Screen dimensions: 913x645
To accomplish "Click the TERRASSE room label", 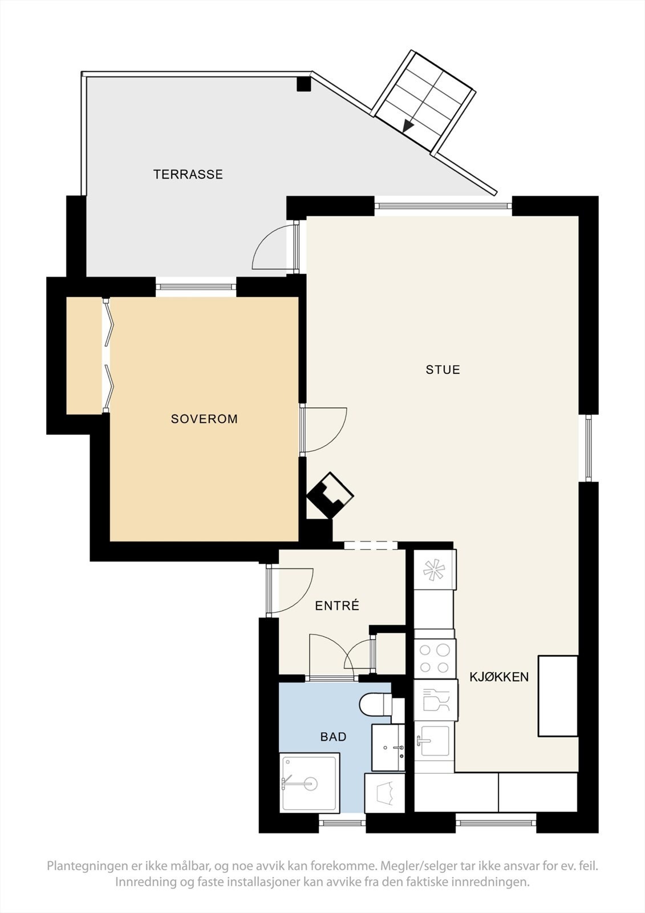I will pyautogui.click(x=188, y=175).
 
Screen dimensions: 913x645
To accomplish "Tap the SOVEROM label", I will pyautogui.click(x=204, y=419).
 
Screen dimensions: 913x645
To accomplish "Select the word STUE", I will pyautogui.click(x=443, y=370).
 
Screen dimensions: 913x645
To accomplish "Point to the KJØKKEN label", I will pyautogui.click(x=499, y=677).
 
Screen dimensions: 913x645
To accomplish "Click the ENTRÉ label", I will pyautogui.click(x=337, y=606).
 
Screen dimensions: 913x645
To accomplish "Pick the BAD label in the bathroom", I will pyautogui.click(x=333, y=737).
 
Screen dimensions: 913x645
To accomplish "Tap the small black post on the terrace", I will pyautogui.click(x=303, y=84).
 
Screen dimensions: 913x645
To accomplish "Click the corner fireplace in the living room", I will pyautogui.click(x=330, y=495).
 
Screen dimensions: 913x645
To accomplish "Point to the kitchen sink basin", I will pyautogui.click(x=435, y=741).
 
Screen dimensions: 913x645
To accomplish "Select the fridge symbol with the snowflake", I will pyautogui.click(x=435, y=569).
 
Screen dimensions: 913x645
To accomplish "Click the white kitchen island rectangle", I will pyautogui.click(x=558, y=696).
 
